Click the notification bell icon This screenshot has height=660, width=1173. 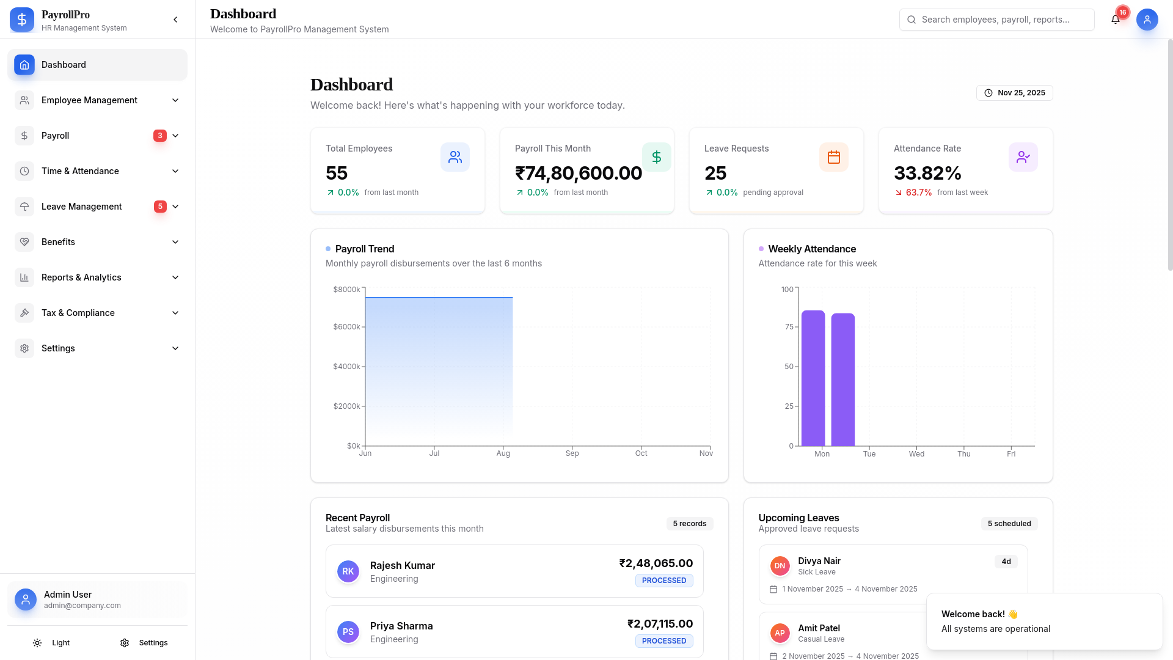[x=1115, y=20]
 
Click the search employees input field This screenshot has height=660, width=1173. [x=997, y=20]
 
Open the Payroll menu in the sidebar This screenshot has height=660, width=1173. [x=55, y=136]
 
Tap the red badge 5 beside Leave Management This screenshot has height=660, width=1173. [x=160, y=207]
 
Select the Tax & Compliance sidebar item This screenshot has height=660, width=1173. [x=78, y=313]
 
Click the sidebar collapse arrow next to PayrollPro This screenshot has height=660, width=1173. [x=175, y=20]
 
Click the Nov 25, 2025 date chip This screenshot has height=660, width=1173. [x=1014, y=93]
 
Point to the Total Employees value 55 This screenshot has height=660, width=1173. [x=337, y=173]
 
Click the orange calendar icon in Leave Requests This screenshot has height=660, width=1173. [x=833, y=157]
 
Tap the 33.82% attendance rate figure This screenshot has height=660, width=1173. [x=927, y=173]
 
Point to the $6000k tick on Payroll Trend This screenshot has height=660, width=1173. [x=346, y=327]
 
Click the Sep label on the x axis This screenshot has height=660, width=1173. [x=572, y=453]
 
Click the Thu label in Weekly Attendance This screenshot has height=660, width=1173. [x=963, y=454]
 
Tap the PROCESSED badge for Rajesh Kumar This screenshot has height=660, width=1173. [x=663, y=581]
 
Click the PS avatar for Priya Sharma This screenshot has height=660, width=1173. [x=348, y=632]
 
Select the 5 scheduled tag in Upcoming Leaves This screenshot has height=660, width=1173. [x=1009, y=524]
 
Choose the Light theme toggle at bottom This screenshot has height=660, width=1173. [x=52, y=643]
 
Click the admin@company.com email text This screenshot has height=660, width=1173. [x=82, y=606]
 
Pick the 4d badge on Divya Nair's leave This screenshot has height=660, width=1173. [x=1006, y=562]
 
